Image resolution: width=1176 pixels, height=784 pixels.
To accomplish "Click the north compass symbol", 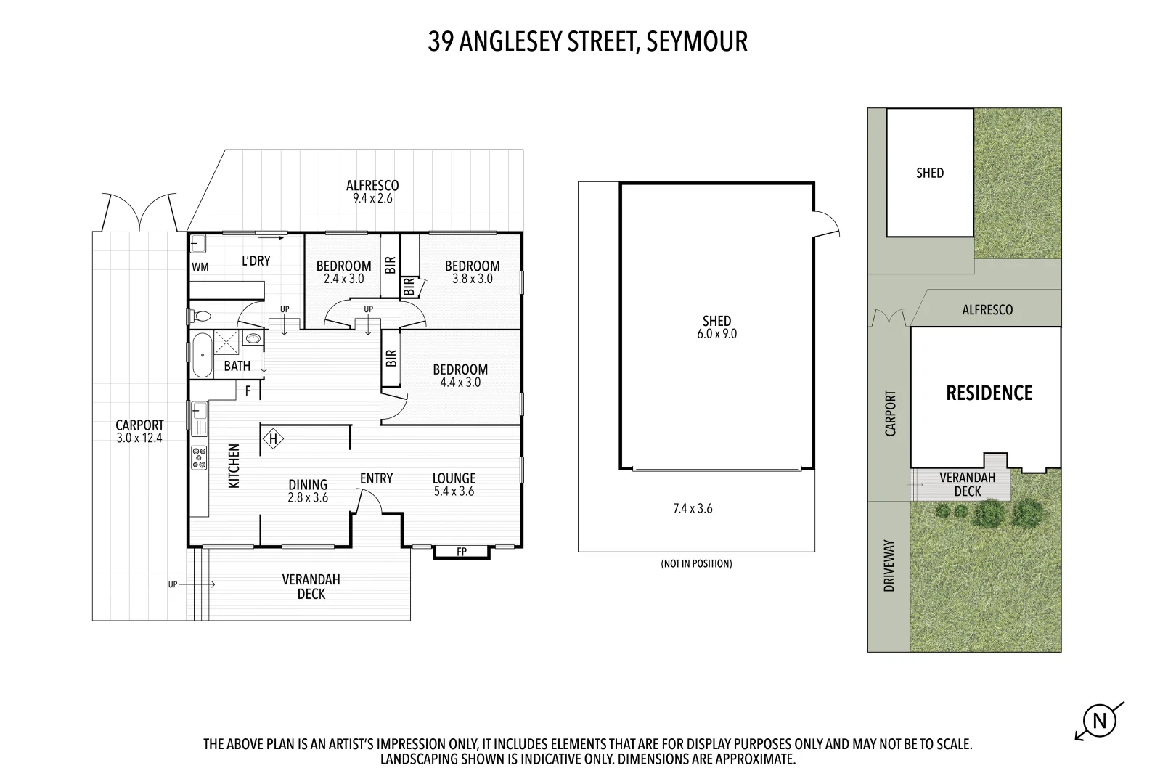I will tap(1100, 721).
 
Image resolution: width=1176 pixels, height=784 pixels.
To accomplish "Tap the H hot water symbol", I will tap(274, 438).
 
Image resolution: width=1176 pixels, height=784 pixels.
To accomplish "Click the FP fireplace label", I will tap(462, 552).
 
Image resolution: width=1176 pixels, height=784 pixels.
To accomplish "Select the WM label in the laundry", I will tap(200, 267).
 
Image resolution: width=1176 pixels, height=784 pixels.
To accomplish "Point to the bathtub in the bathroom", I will tap(202, 355).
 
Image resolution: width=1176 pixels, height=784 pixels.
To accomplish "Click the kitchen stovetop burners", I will tap(199, 458).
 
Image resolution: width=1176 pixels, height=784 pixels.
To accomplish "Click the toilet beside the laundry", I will tap(200, 317).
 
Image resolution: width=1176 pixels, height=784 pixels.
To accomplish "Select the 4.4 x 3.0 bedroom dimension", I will tap(460, 383).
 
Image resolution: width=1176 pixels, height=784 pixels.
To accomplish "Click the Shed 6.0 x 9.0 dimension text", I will tap(716, 334).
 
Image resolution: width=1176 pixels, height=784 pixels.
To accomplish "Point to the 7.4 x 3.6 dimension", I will tap(693, 509).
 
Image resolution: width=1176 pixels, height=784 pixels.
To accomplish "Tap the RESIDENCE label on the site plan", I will tap(989, 393).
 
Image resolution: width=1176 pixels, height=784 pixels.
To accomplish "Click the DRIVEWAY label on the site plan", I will tap(889, 565).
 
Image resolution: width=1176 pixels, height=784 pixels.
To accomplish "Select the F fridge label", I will tap(248, 391).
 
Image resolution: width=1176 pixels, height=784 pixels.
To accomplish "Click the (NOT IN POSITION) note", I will tap(696, 563).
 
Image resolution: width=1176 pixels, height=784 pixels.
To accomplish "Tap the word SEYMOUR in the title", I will tap(697, 41).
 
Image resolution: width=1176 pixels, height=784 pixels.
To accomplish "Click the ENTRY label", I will tap(376, 478).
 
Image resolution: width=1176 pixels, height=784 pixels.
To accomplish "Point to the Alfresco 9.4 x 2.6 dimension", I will tap(372, 198).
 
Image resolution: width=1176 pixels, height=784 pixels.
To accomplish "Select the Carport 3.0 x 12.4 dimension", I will tap(139, 438).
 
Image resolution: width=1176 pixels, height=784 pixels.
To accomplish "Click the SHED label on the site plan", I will tap(930, 173).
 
